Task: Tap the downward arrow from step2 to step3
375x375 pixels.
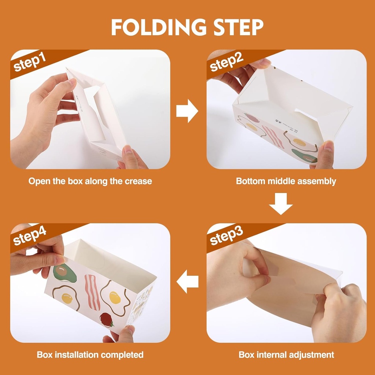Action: (281, 204)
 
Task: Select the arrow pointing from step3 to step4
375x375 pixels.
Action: (187, 282)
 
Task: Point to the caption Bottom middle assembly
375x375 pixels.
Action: (286, 181)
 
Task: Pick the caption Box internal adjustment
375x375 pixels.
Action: (286, 354)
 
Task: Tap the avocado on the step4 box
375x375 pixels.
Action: (64, 273)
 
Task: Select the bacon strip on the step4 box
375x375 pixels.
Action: (92, 292)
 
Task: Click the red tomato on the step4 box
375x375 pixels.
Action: (106, 319)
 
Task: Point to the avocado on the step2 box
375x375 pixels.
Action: (304, 155)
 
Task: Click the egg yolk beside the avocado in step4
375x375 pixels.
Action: (67, 298)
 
